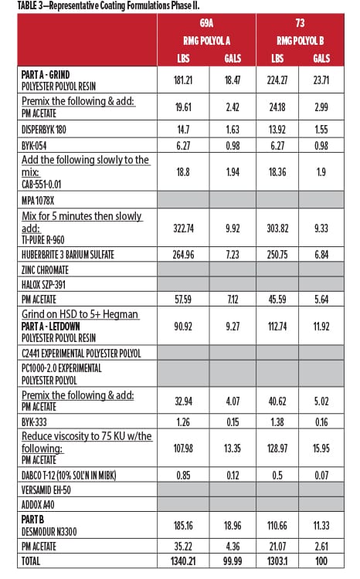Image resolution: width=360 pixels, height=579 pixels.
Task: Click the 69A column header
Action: [x=206, y=23]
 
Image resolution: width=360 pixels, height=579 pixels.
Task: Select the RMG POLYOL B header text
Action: [x=300, y=41]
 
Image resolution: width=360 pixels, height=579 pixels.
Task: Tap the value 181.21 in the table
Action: [x=183, y=80]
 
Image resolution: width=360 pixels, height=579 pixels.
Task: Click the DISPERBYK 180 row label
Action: [x=43, y=130]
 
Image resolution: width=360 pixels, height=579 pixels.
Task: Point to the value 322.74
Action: [x=183, y=229]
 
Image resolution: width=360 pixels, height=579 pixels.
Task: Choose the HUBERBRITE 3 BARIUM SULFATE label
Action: [x=68, y=255]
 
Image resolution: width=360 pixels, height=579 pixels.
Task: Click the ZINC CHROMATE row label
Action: [x=45, y=270]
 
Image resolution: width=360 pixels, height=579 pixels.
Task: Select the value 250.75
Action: [x=277, y=255]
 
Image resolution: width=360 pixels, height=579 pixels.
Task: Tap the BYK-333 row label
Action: [x=34, y=422]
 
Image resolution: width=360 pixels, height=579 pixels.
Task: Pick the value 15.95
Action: [x=321, y=449]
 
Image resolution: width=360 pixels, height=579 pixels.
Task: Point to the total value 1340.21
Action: [x=182, y=561]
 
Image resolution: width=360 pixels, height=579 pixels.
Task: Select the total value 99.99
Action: [x=233, y=561]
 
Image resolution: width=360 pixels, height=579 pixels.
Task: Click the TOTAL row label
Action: [x=31, y=561]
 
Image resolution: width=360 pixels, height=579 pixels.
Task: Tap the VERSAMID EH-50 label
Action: [x=46, y=490]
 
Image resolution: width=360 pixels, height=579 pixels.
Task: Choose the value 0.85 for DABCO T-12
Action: [x=183, y=475]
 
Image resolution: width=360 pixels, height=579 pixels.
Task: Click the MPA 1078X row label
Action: [x=38, y=201]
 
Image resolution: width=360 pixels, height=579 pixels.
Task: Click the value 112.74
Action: [x=277, y=327]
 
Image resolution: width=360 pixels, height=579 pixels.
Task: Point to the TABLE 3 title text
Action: [x=108, y=5]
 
